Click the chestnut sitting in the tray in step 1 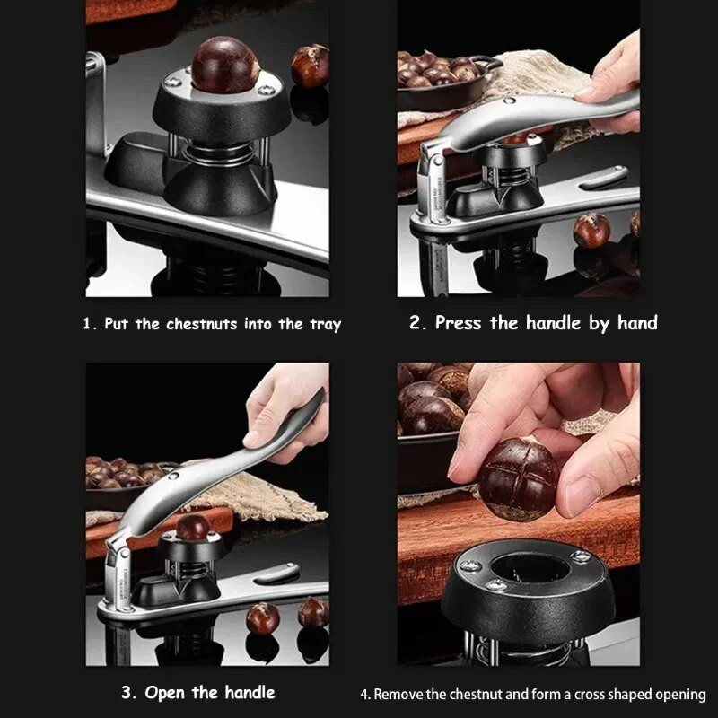click(225, 65)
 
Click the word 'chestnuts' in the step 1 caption click(202, 324)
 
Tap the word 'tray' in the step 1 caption click(326, 325)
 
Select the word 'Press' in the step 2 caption click(458, 323)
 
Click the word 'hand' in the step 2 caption click(637, 322)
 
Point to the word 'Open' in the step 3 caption click(165, 693)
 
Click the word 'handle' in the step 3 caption click(250, 692)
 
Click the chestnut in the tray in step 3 click(194, 527)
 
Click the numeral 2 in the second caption click(416, 322)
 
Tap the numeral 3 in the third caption click(127, 692)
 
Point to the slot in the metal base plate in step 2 click(603, 177)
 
